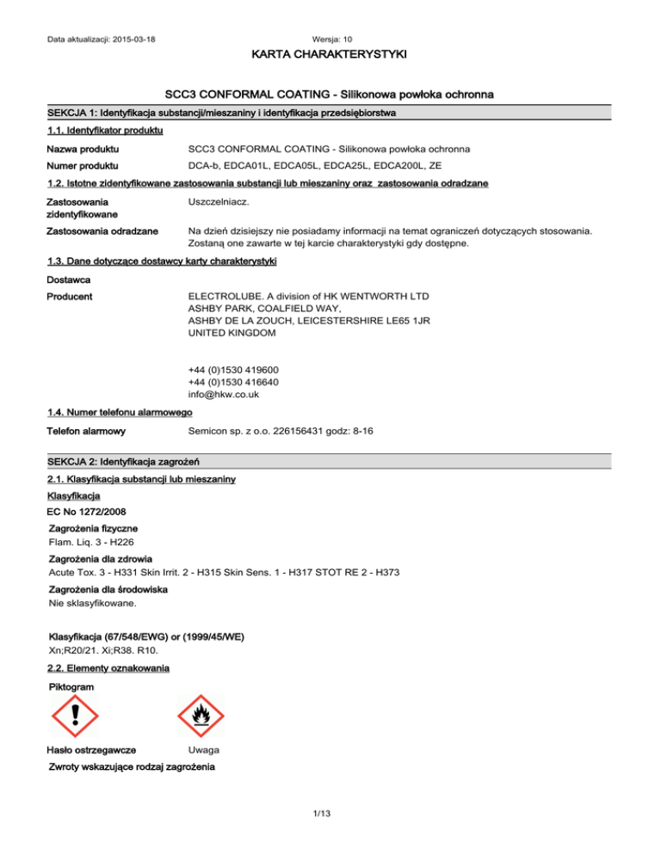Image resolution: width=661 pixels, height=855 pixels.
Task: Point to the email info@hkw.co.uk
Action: (x=223, y=395)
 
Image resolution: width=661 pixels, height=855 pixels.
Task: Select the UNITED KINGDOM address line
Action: (x=232, y=332)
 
